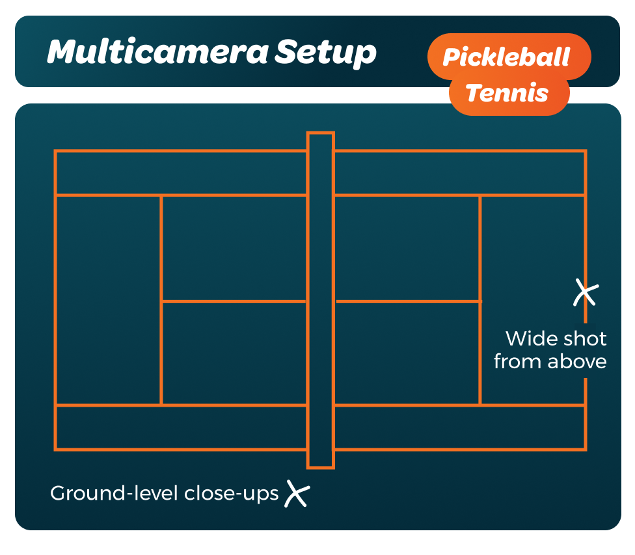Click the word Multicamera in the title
pyautogui.click(x=158, y=51)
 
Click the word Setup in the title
pyautogui.click(x=325, y=53)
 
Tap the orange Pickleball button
pyautogui.click(x=509, y=57)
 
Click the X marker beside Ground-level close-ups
pyautogui.click(x=297, y=493)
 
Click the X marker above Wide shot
pyautogui.click(x=586, y=292)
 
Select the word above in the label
pyautogui.click(x=577, y=362)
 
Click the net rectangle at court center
pyautogui.click(x=320, y=300)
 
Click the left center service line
pyautogui.click(x=234, y=301)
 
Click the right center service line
pyautogui.click(x=408, y=301)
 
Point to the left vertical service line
pyautogui.click(x=161, y=300)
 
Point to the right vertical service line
pyautogui.click(x=480, y=300)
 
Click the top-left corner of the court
pyautogui.click(x=55, y=151)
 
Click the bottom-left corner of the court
pyautogui.click(x=55, y=449)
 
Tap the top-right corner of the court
pyautogui.click(x=586, y=151)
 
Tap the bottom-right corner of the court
pyautogui.click(x=586, y=449)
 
